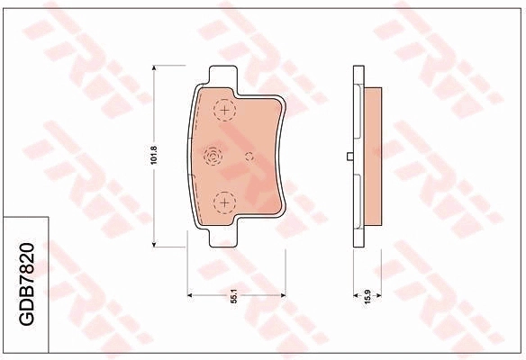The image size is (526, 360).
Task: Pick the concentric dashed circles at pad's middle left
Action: coord(213,157)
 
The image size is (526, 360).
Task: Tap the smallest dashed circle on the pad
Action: coord(249,156)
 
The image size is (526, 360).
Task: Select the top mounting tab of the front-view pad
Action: coord(219,76)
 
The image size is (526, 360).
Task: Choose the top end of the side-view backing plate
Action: coord(358,69)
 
